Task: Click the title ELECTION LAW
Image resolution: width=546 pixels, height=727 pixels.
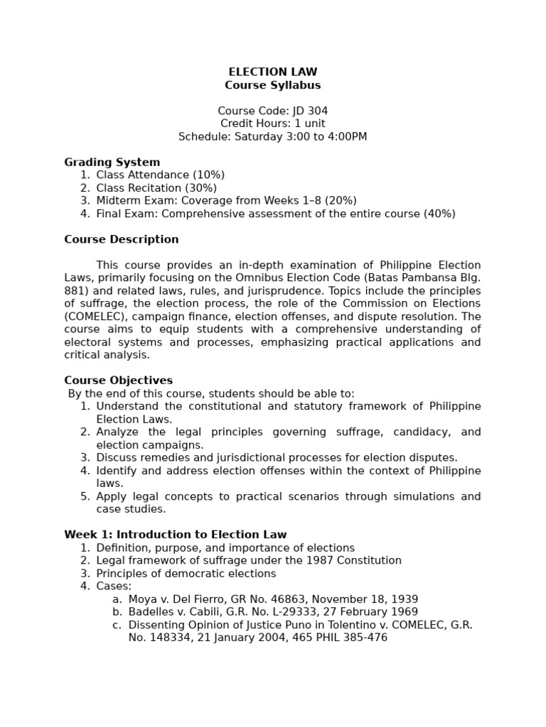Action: tap(272, 72)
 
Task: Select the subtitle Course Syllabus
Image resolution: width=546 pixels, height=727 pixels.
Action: tap(272, 85)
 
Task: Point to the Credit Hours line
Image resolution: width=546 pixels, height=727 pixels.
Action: tap(272, 124)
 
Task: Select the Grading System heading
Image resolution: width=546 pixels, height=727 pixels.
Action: tap(112, 163)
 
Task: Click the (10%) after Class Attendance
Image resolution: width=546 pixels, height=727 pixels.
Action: tap(208, 175)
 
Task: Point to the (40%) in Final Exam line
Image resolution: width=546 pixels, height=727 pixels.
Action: tap(440, 214)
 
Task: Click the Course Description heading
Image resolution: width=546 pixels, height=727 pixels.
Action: tap(121, 240)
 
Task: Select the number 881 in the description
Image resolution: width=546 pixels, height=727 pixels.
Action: tap(74, 291)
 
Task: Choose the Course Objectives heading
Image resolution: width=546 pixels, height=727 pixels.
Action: tap(118, 381)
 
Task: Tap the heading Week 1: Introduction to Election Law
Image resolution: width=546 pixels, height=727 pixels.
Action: tap(175, 535)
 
